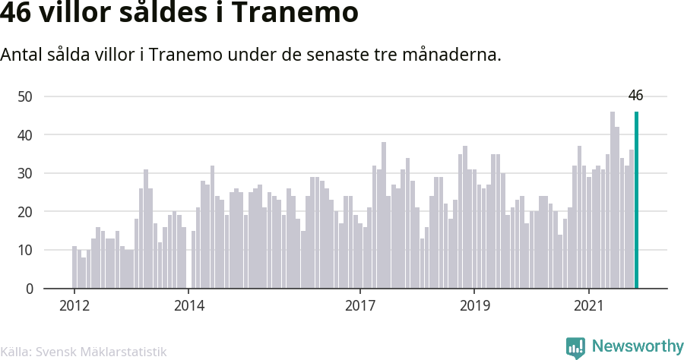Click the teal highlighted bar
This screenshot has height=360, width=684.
tap(636, 200)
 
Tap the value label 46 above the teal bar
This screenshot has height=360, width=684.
tap(635, 96)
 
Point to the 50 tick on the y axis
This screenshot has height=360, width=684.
tap(25, 96)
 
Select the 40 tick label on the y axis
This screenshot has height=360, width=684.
tap(25, 134)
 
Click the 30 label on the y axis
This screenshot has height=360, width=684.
tap(25, 173)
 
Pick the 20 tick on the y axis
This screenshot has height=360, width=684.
tap(25, 211)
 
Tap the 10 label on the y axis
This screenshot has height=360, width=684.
tap(25, 250)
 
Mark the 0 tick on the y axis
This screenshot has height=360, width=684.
tap(29, 289)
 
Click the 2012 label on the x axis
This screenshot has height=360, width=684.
tap(74, 305)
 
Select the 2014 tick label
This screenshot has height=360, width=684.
tap(189, 305)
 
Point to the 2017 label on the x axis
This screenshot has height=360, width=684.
tap(360, 305)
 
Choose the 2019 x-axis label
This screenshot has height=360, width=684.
tap(474, 305)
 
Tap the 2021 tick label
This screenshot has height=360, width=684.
tap(589, 305)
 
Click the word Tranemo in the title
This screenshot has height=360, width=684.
tap(295, 12)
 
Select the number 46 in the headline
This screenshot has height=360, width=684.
tap(16, 12)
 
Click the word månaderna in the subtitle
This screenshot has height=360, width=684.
tap(451, 55)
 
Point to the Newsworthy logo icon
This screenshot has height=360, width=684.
tap(575, 348)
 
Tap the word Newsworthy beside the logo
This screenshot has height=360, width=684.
tap(638, 346)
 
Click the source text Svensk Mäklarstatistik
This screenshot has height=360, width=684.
tap(101, 352)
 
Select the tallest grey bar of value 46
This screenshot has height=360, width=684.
tap(613, 200)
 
